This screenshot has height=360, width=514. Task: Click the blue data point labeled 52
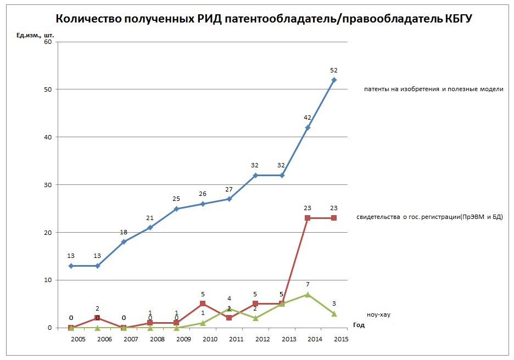click(334, 80)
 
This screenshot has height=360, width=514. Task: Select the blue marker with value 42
click(308, 127)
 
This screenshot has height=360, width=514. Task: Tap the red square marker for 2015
click(334, 218)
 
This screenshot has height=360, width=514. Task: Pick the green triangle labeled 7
click(308, 294)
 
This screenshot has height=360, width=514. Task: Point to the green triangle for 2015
click(334, 313)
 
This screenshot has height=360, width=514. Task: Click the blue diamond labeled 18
click(124, 241)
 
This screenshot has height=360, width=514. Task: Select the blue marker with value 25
click(176, 209)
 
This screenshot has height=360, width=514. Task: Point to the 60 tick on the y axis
click(48, 42)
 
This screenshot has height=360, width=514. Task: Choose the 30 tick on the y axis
click(48, 185)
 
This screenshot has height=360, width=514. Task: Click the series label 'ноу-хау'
click(378, 315)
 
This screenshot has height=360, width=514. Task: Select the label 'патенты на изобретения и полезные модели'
click(433, 89)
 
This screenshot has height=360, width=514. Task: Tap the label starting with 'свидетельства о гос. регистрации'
click(429, 217)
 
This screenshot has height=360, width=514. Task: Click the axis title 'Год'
click(359, 325)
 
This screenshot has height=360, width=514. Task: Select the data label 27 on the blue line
click(229, 189)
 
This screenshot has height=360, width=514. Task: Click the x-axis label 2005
click(78, 340)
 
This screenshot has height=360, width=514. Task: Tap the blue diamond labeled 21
click(150, 227)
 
